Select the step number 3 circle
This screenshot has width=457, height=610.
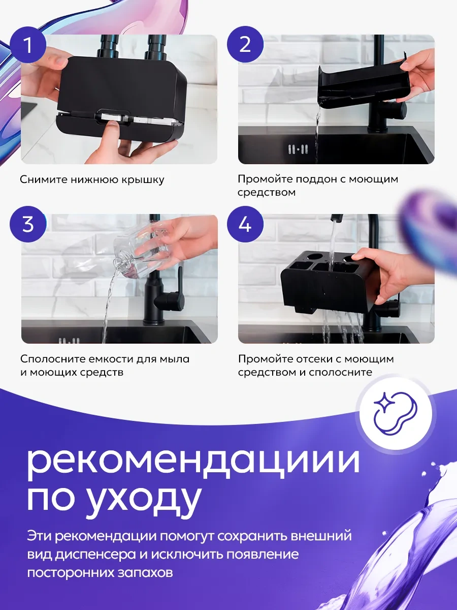tap(28, 224)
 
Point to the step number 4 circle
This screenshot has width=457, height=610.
tap(245, 224)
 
